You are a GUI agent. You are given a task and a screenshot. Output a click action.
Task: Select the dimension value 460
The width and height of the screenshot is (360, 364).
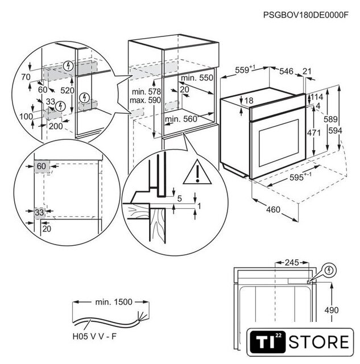274,210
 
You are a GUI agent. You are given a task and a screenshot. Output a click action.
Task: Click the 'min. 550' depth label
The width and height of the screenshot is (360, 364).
197,77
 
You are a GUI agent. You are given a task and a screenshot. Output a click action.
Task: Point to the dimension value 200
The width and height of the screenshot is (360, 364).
55,126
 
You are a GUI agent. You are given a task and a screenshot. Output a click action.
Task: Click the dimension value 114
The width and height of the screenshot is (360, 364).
317,97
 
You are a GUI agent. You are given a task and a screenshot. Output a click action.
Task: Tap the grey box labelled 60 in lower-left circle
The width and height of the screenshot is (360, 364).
41,166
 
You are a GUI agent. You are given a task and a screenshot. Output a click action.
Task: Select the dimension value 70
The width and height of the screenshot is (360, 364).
24,76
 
